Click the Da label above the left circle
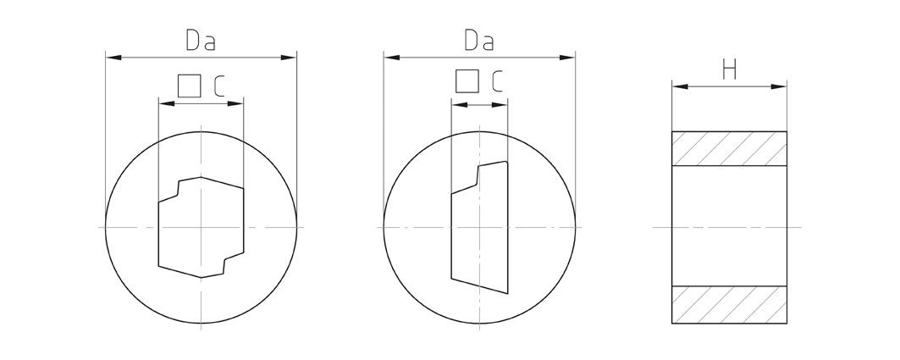pyautogui.click(x=199, y=41)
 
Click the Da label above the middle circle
pyautogui.click(x=478, y=41)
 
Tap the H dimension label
pyautogui.click(x=729, y=70)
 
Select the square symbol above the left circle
pyautogui.click(x=189, y=86)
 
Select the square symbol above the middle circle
pyautogui.click(x=467, y=81)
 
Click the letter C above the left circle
pyautogui.click(x=218, y=86)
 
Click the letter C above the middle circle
pyautogui.click(x=496, y=81)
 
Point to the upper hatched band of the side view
pyautogui.click(x=729, y=150)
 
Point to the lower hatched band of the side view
pyautogui.click(x=729, y=305)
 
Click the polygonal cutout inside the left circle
pyautogui.click(x=201, y=227)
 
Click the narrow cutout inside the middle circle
pyautogui.click(x=479, y=227)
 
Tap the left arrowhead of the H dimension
pyautogui.click(x=677, y=86)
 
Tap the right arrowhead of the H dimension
pyautogui.click(x=781, y=86)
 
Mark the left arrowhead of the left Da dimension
pyautogui.click(x=111, y=58)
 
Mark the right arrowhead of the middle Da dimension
pyautogui.click(x=570, y=58)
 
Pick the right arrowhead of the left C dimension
pyautogui.click(x=238, y=103)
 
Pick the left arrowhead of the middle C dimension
pyautogui.click(x=456, y=103)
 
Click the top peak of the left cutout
pyautogui.click(x=201, y=177)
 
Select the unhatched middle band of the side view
pyautogui.click(x=729, y=227)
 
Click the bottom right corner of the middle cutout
pyautogui.click(x=507, y=295)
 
